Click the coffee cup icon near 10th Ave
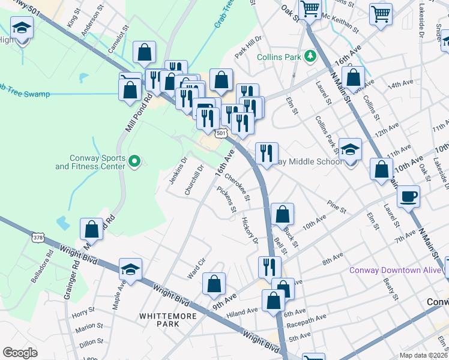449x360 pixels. click(408, 196)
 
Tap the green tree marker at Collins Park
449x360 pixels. click(310, 56)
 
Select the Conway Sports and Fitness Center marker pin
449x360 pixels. click(134, 161)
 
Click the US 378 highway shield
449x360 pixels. click(38, 238)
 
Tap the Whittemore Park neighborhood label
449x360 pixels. click(159, 319)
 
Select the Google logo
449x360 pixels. click(20, 352)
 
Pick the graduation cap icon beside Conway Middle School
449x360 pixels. click(350, 149)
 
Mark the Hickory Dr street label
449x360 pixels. click(250, 230)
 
